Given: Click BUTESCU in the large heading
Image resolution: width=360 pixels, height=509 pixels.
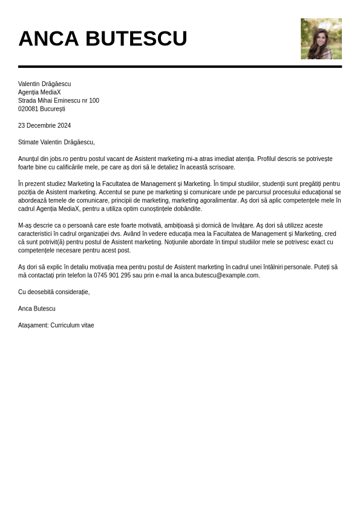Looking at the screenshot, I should tap(136, 39).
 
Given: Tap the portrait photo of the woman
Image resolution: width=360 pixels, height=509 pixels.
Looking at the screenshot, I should tap(321, 39).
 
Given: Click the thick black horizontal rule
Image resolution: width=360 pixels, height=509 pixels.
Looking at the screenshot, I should tap(180, 67).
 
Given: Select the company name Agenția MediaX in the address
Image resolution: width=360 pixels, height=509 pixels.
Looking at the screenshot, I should tap(39, 93).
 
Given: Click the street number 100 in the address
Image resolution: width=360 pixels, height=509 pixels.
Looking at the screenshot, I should tap(94, 101).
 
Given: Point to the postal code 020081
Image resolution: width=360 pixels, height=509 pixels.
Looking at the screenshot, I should tap(28, 110).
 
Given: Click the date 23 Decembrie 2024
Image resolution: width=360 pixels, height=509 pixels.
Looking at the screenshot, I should tap(44, 126).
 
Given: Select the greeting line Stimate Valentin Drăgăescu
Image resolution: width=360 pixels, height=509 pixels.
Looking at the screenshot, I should tap(56, 142).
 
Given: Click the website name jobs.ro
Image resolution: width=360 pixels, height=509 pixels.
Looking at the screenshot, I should tap(58, 159).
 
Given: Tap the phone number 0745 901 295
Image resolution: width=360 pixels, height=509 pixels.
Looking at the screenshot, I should tap(112, 275).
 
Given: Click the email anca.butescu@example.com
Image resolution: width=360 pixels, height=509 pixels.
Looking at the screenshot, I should tap(220, 275).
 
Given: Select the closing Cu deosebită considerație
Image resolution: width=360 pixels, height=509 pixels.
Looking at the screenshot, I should tap(54, 292).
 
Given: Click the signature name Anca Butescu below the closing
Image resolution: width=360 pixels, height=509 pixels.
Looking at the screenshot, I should tap(36, 309).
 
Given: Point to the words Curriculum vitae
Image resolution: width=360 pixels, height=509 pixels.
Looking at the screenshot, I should tap(72, 326).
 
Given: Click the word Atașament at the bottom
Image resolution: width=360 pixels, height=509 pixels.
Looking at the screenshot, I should tap(33, 326).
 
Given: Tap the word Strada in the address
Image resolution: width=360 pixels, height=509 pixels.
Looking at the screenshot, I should tap(27, 101).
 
